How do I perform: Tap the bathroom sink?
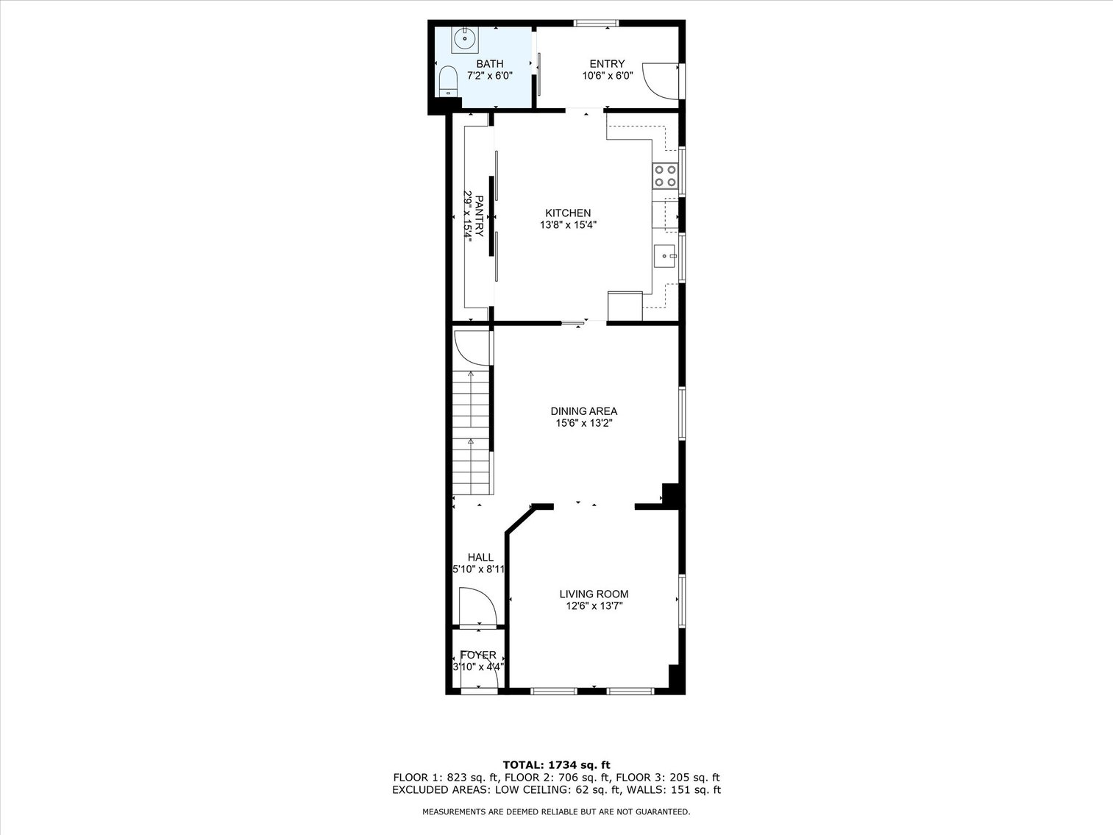(465, 38)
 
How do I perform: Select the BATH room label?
(489, 64)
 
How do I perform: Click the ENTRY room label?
(607, 64)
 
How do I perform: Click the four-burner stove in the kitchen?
(665, 176)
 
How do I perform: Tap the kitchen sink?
(665, 256)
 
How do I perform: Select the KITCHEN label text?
(568, 213)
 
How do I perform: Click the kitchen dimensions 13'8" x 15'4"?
(568, 226)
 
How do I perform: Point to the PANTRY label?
(479, 216)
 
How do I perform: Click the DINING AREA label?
(584, 411)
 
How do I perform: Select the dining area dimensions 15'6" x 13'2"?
(584, 424)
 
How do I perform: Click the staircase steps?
(471, 434)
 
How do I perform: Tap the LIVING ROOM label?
(594, 594)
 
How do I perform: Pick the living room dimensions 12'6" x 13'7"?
(594, 607)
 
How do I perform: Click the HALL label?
(480, 558)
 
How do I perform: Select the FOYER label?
(478, 655)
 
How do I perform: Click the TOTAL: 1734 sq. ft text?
(556, 765)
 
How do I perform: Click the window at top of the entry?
(596, 24)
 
